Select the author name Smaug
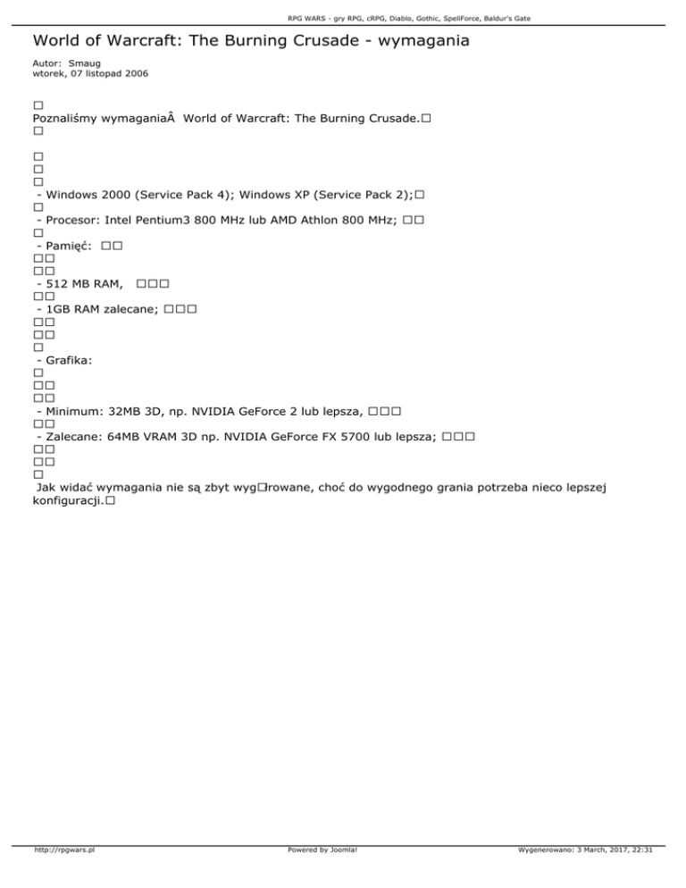[86, 64]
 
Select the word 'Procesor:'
[71, 219]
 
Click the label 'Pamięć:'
[65, 245]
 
